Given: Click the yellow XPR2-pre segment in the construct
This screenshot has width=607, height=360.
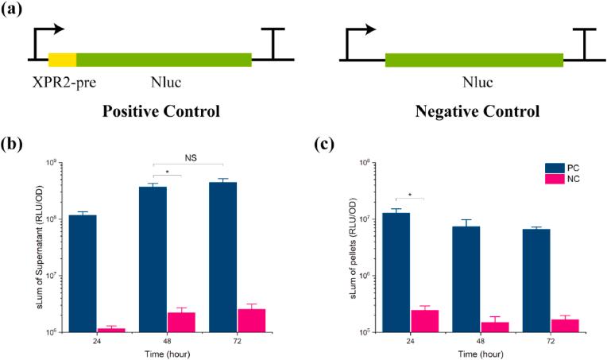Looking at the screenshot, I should (62, 59).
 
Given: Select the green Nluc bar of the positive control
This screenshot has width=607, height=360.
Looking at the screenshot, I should (164, 59).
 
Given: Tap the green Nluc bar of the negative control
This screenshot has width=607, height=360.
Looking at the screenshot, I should (474, 59).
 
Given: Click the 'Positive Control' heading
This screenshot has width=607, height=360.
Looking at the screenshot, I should (161, 110).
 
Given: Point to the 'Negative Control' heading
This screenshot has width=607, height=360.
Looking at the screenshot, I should (476, 110).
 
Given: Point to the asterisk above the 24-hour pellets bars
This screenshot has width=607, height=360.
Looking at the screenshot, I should (410, 194).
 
